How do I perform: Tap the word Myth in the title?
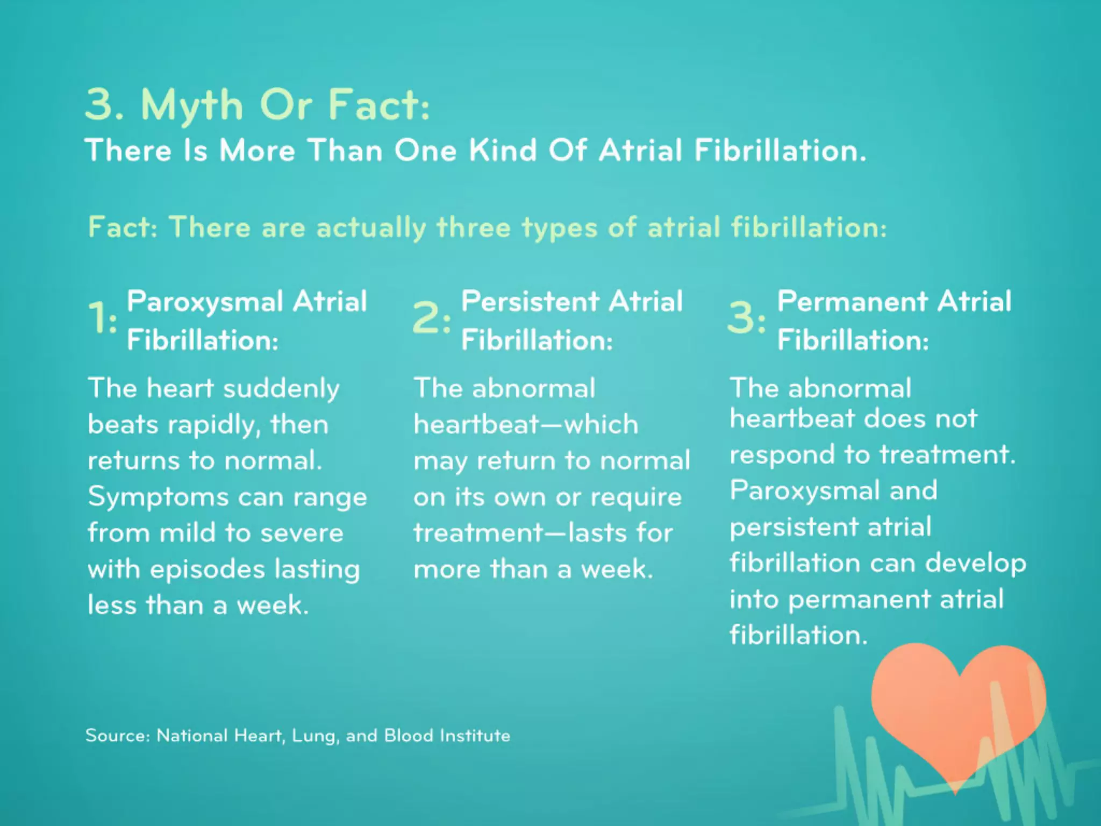[x=192, y=105]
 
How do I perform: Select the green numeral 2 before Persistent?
[x=426, y=317]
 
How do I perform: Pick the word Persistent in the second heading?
[x=530, y=301]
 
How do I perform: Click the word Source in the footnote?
[x=117, y=735]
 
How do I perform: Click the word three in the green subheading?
[x=473, y=227]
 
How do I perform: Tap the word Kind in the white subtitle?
[x=503, y=150]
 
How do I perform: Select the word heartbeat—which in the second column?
[x=526, y=425]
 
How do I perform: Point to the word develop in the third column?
[x=975, y=564]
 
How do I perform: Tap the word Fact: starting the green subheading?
[x=123, y=227]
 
